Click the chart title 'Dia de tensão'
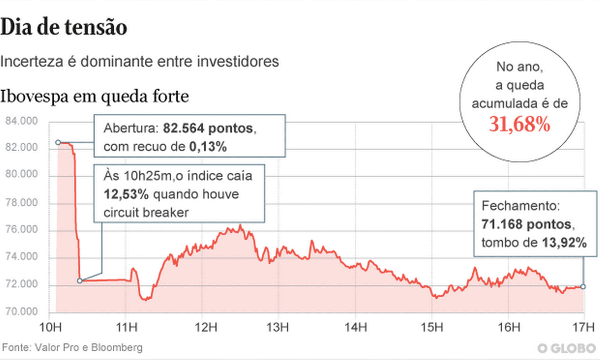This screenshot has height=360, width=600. tap(64, 28)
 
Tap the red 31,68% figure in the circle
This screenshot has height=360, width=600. tap(519, 125)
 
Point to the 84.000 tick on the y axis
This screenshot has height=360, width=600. tap(20, 121)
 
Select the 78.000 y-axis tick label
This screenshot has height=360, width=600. tap(20, 203)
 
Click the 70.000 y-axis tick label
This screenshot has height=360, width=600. tap(20, 312)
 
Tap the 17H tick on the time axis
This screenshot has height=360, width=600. tap(584, 326)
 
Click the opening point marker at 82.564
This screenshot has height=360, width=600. tap(58, 142)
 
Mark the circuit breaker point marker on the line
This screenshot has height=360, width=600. tap(80, 281)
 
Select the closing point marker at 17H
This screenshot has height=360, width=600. tap(583, 287)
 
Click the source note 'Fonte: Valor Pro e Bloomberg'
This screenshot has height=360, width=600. tap(72, 347)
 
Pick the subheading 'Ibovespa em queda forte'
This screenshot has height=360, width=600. tap(95, 97)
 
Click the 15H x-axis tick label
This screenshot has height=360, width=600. tap(431, 326)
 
